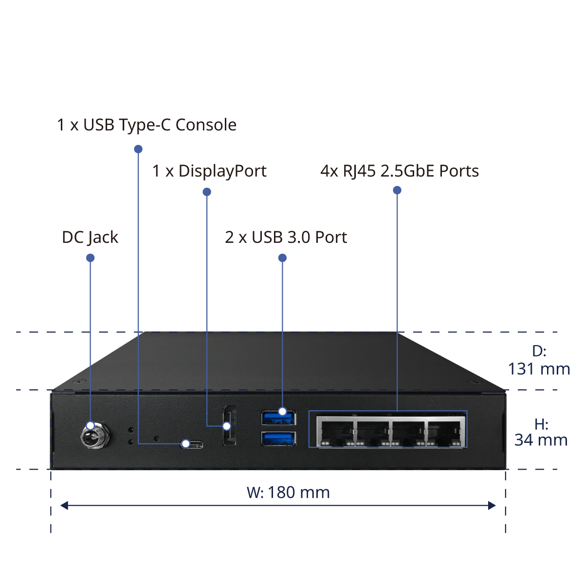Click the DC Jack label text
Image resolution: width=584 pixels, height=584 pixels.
pos(90,237)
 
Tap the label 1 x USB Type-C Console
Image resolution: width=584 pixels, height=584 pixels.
pos(146,125)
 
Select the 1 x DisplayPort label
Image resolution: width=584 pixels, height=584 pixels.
pos(209,171)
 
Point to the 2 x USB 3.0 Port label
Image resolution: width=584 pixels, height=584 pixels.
pos(286,237)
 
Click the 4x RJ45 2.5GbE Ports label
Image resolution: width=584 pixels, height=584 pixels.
pos(400,171)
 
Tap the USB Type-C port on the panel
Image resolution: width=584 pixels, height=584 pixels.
pos(192,444)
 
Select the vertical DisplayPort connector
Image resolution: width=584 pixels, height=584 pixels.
pos(230,425)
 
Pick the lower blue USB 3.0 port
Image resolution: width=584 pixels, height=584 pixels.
pos(278,438)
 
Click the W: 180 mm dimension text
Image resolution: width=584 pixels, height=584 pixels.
pos(288,493)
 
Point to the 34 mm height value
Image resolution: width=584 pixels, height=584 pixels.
pos(541,440)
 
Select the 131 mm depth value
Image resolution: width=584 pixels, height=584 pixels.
pos(539,369)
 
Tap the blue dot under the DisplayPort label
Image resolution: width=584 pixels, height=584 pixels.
pos(207,192)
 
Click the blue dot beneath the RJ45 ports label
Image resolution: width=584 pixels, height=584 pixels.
pos(397,190)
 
